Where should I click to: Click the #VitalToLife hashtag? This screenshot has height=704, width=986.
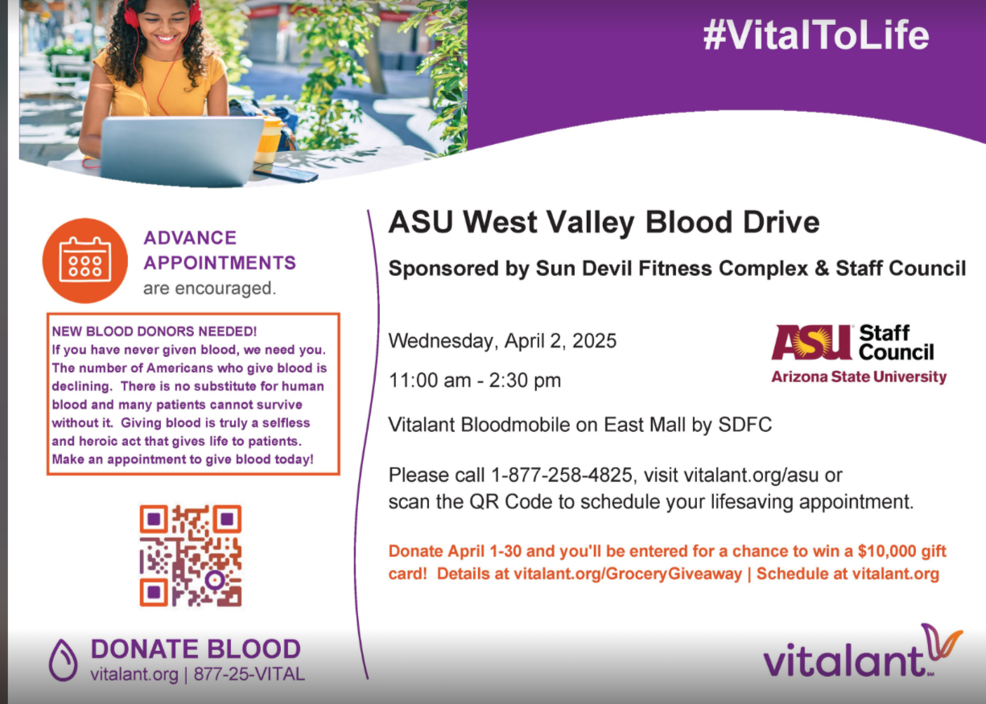(816, 35)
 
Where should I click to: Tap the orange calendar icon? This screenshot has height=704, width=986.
(85, 261)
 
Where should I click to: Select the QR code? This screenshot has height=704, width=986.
(191, 556)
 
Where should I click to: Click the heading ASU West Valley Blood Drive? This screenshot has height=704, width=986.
(604, 222)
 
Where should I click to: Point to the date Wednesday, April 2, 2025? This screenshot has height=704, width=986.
(502, 341)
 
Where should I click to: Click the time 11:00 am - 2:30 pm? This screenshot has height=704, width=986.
(475, 380)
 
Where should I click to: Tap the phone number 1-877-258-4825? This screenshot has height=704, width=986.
(562, 476)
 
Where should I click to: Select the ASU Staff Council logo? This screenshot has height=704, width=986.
(858, 354)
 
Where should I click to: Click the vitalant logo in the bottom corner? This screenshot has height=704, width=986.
(863, 652)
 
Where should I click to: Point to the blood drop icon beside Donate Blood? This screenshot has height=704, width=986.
(63, 660)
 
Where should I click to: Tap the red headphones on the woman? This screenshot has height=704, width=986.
(161, 13)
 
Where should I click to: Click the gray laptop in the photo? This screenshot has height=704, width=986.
(181, 150)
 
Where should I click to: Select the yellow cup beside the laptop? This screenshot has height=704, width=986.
(268, 139)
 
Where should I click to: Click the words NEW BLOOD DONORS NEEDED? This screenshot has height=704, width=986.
(154, 331)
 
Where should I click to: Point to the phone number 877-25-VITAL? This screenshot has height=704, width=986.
(250, 674)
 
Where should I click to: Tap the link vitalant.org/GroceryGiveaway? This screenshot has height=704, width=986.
(628, 574)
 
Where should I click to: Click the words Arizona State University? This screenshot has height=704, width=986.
(859, 377)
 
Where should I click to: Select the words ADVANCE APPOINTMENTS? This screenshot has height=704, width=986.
(220, 250)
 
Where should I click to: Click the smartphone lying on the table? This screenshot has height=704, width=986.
(286, 172)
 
